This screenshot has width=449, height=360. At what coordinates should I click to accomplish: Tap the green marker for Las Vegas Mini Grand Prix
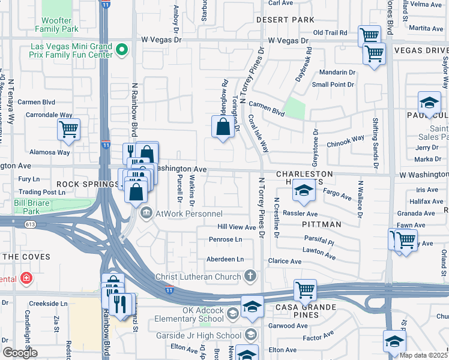[122, 49]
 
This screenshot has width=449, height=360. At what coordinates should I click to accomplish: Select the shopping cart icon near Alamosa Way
[69, 128]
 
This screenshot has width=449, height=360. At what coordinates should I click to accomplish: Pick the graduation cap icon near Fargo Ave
[303, 191]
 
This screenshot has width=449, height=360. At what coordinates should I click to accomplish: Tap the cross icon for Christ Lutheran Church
[250, 276]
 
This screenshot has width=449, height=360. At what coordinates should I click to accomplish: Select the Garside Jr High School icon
[250, 335]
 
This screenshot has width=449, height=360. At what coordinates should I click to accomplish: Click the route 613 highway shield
[30, 224]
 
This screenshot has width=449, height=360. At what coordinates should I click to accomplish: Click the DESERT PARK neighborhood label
[285, 20]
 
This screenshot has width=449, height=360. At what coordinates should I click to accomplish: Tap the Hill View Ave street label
[237, 227]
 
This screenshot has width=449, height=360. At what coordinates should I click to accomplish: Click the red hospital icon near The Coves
[26, 278]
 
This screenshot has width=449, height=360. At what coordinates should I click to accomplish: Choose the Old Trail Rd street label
[330, 32]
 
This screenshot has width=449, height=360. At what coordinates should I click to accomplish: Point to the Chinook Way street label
[345, 141]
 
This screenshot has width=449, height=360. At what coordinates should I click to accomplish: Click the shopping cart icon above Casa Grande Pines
[305, 290]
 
